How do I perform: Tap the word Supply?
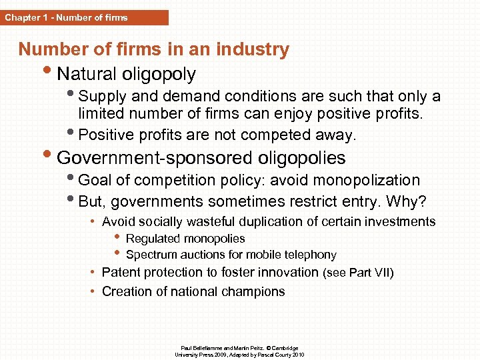101,97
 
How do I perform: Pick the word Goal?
94,181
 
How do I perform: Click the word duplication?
281,221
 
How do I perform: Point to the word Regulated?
153,239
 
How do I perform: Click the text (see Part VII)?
358,273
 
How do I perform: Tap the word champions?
257,291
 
